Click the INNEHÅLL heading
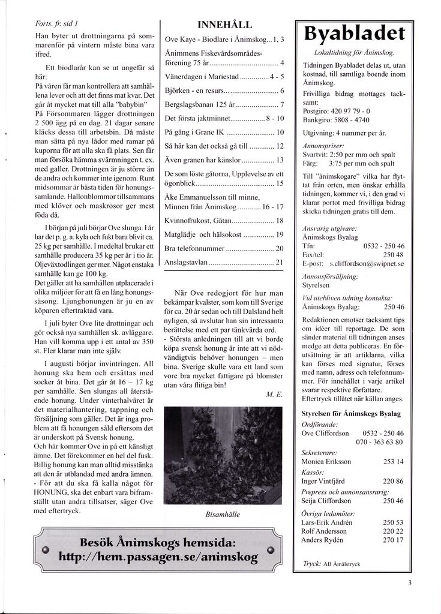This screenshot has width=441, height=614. [224, 25]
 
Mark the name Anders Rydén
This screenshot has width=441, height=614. [323, 540]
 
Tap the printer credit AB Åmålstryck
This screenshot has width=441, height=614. [342, 564]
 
